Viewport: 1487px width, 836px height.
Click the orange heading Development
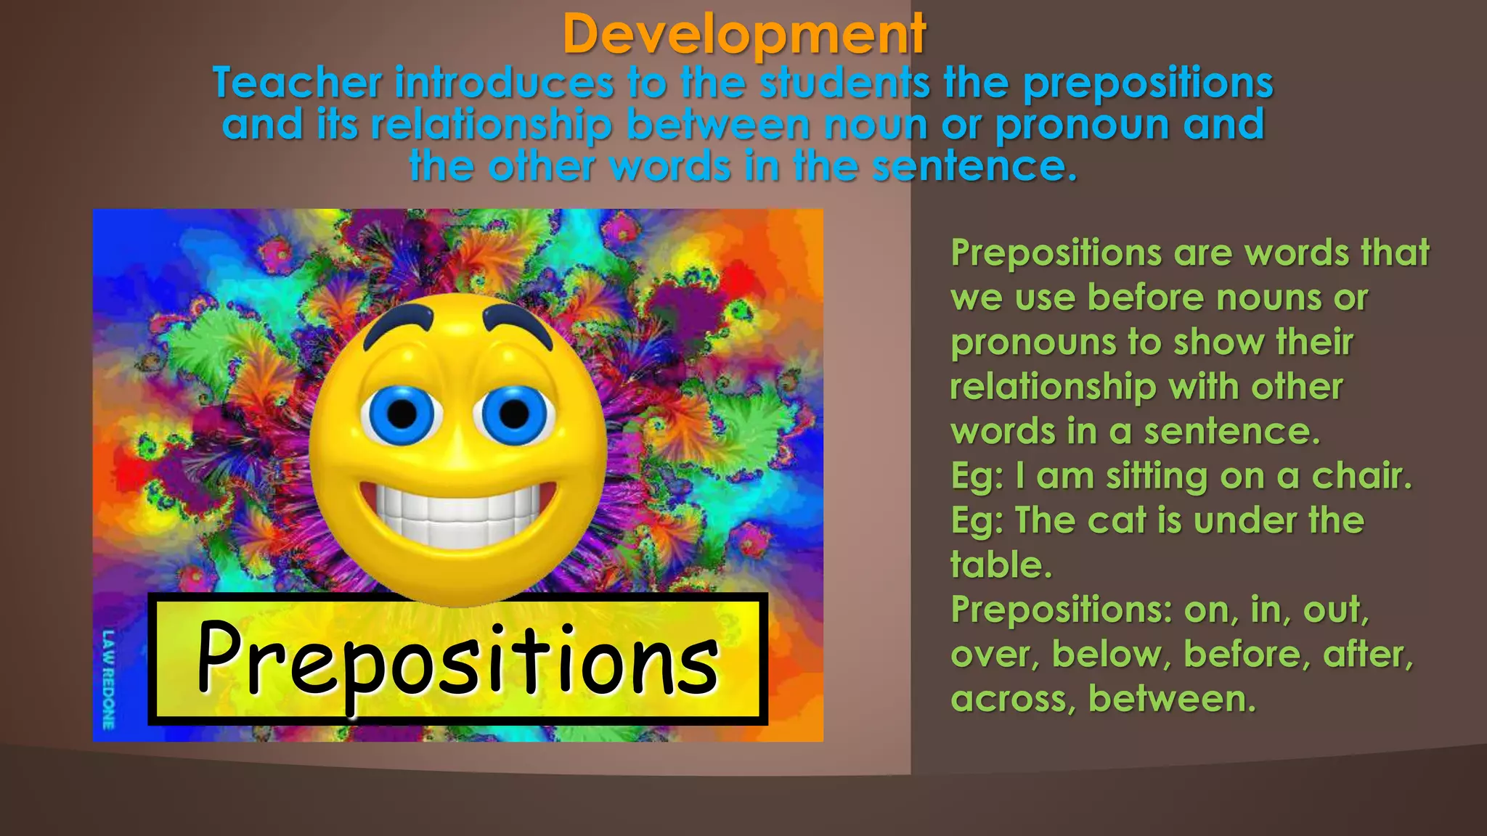click(743, 34)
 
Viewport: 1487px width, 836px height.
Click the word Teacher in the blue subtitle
click(297, 83)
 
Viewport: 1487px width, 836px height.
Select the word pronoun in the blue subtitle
click(1082, 124)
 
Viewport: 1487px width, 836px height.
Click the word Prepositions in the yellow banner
click(457, 660)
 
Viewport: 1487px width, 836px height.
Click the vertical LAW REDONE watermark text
click(108, 679)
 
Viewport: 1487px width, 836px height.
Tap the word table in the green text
click(1001, 565)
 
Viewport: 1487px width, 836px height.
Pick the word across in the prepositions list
click(1012, 699)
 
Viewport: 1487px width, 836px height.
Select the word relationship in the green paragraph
click(1053, 387)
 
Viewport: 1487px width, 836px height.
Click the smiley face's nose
click(457, 457)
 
